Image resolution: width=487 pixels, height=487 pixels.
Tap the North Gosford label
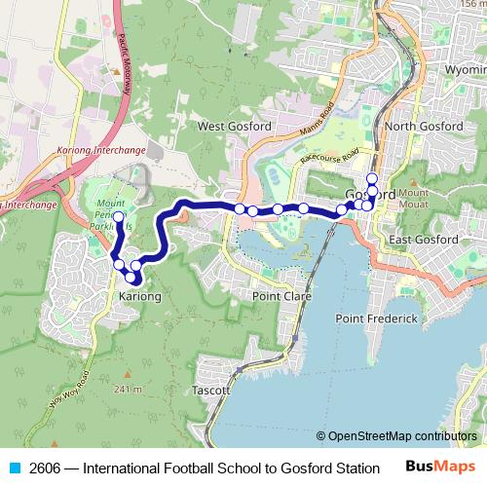coord(420,127)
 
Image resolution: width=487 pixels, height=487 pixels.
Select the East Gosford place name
coord(423,240)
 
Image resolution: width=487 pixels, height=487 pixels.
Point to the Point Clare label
coord(281,295)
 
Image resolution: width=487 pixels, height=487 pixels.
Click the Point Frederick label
coord(376,318)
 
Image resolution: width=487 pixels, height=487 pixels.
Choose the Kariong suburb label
coord(138,295)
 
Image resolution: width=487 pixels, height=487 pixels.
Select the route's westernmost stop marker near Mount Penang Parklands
coord(119,216)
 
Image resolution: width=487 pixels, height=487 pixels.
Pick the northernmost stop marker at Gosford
coord(371,177)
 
